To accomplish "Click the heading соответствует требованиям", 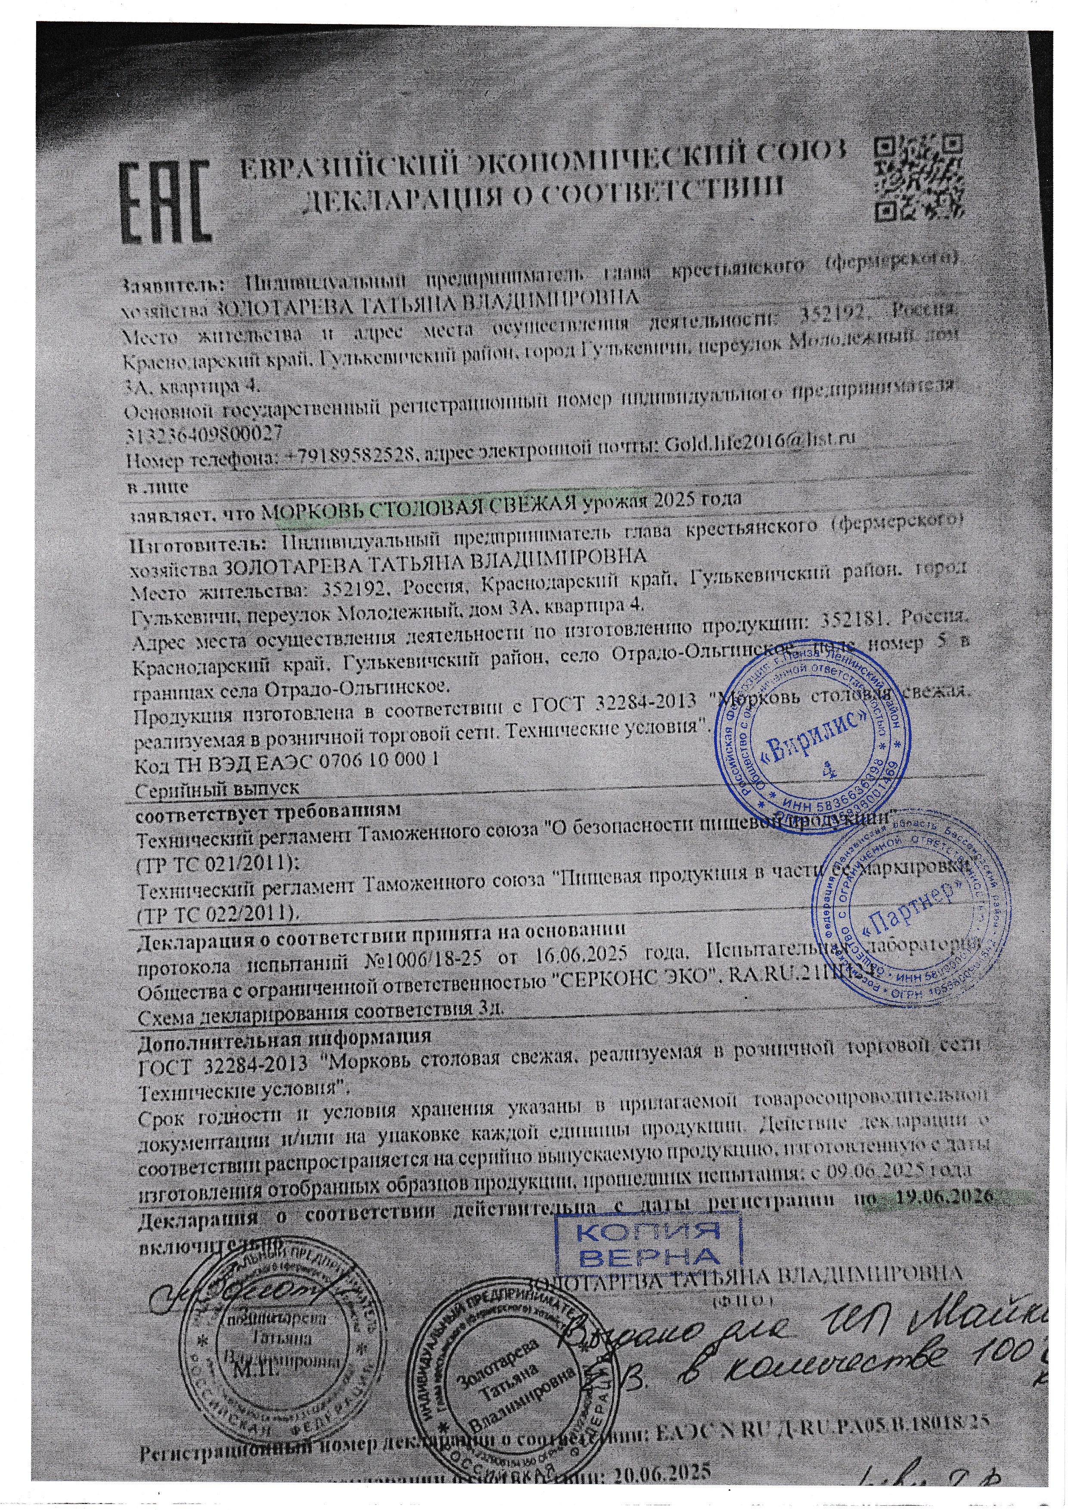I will click(x=268, y=812).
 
